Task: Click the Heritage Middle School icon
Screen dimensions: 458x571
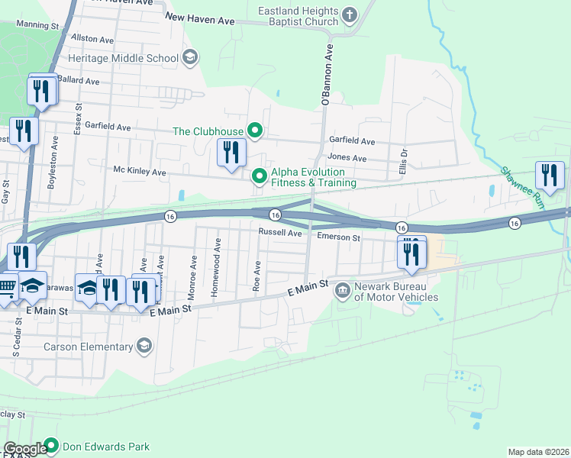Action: click(x=190, y=57)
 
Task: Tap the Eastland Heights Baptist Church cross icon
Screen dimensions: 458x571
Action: click(x=350, y=14)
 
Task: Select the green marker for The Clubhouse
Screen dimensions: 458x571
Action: click(x=255, y=131)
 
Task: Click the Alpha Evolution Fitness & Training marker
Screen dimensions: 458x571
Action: click(x=260, y=177)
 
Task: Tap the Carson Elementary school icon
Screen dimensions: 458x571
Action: click(x=144, y=347)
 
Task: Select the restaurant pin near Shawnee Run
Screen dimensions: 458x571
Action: click(x=549, y=176)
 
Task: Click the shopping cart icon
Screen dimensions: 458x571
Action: click(x=6, y=288)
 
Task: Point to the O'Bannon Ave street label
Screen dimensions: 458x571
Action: click(x=327, y=75)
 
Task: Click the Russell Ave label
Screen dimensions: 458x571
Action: click(x=280, y=232)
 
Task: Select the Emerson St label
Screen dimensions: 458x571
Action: click(x=339, y=238)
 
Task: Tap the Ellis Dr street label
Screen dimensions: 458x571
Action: click(x=403, y=162)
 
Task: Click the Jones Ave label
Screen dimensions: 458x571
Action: click(x=347, y=158)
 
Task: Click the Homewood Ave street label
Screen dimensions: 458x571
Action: click(x=218, y=257)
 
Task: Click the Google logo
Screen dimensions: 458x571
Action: click(x=24, y=449)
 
